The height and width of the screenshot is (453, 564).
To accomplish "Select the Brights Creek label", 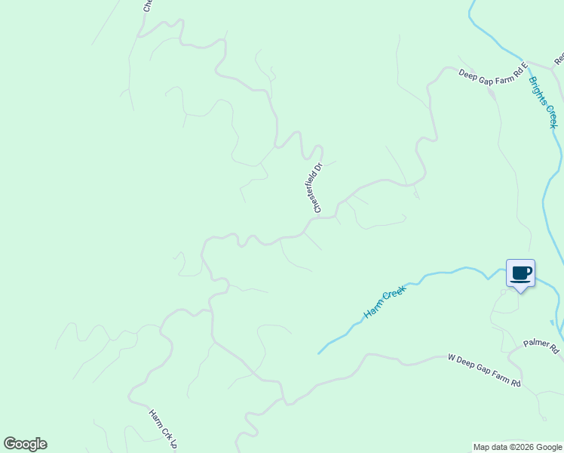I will (544, 103).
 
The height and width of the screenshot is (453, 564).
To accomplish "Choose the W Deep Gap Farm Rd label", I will (484, 371).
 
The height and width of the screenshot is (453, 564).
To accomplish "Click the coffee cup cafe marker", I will (520, 273).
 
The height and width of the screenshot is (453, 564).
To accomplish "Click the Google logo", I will (25, 444).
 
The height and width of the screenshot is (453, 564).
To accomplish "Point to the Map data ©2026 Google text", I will (517, 447).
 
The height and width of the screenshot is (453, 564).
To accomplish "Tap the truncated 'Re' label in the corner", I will (559, 58).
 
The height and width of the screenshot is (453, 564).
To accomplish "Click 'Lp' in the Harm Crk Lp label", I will (173, 445).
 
